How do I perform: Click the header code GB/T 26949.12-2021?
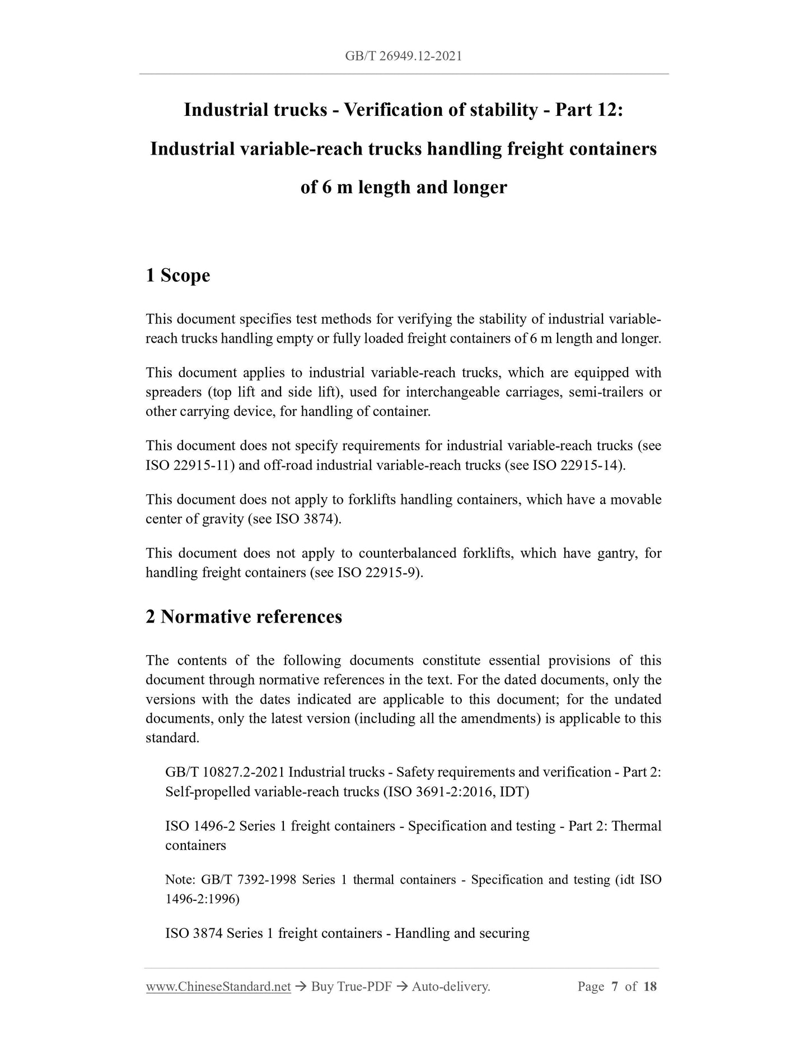click(x=404, y=56)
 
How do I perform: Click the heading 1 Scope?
click(x=177, y=275)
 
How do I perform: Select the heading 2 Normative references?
click(x=244, y=616)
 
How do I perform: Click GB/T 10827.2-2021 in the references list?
click(x=225, y=772)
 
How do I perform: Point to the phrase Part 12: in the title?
click(x=589, y=110)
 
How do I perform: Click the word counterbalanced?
click(x=407, y=553)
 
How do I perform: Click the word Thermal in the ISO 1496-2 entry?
click(x=637, y=826)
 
